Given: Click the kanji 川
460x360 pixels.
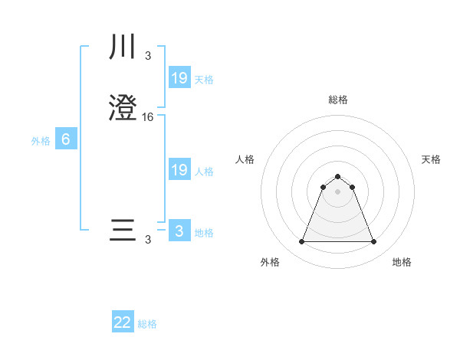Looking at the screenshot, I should click(123, 48).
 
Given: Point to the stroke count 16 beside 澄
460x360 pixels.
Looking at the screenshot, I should click(148, 117).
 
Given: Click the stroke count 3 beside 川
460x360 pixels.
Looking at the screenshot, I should click(147, 55).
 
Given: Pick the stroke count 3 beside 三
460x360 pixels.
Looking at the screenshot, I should click(147, 240).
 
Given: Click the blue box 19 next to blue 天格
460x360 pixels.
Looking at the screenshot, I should click(179, 77).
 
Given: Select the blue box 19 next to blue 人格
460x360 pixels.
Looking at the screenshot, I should click(179, 170).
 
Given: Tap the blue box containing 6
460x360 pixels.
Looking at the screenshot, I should click(66, 139).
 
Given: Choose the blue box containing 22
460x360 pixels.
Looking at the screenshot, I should click(123, 322).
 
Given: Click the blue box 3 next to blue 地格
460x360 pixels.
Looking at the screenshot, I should click(179, 231).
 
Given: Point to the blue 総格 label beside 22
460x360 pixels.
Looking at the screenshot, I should click(147, 324).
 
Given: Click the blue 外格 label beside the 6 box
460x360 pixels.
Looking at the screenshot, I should click(40, 141).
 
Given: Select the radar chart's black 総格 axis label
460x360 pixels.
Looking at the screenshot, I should click(337, 100).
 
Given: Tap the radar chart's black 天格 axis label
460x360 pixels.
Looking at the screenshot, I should click(431, 159).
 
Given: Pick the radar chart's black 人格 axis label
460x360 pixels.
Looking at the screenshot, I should click(245, 159).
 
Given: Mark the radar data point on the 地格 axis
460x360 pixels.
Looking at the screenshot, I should click(373, 242).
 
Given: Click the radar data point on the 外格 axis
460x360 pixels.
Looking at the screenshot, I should click(301, 242).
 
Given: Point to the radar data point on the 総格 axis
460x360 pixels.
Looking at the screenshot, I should click(337, 176).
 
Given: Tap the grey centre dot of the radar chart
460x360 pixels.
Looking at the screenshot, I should click(337, 191).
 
